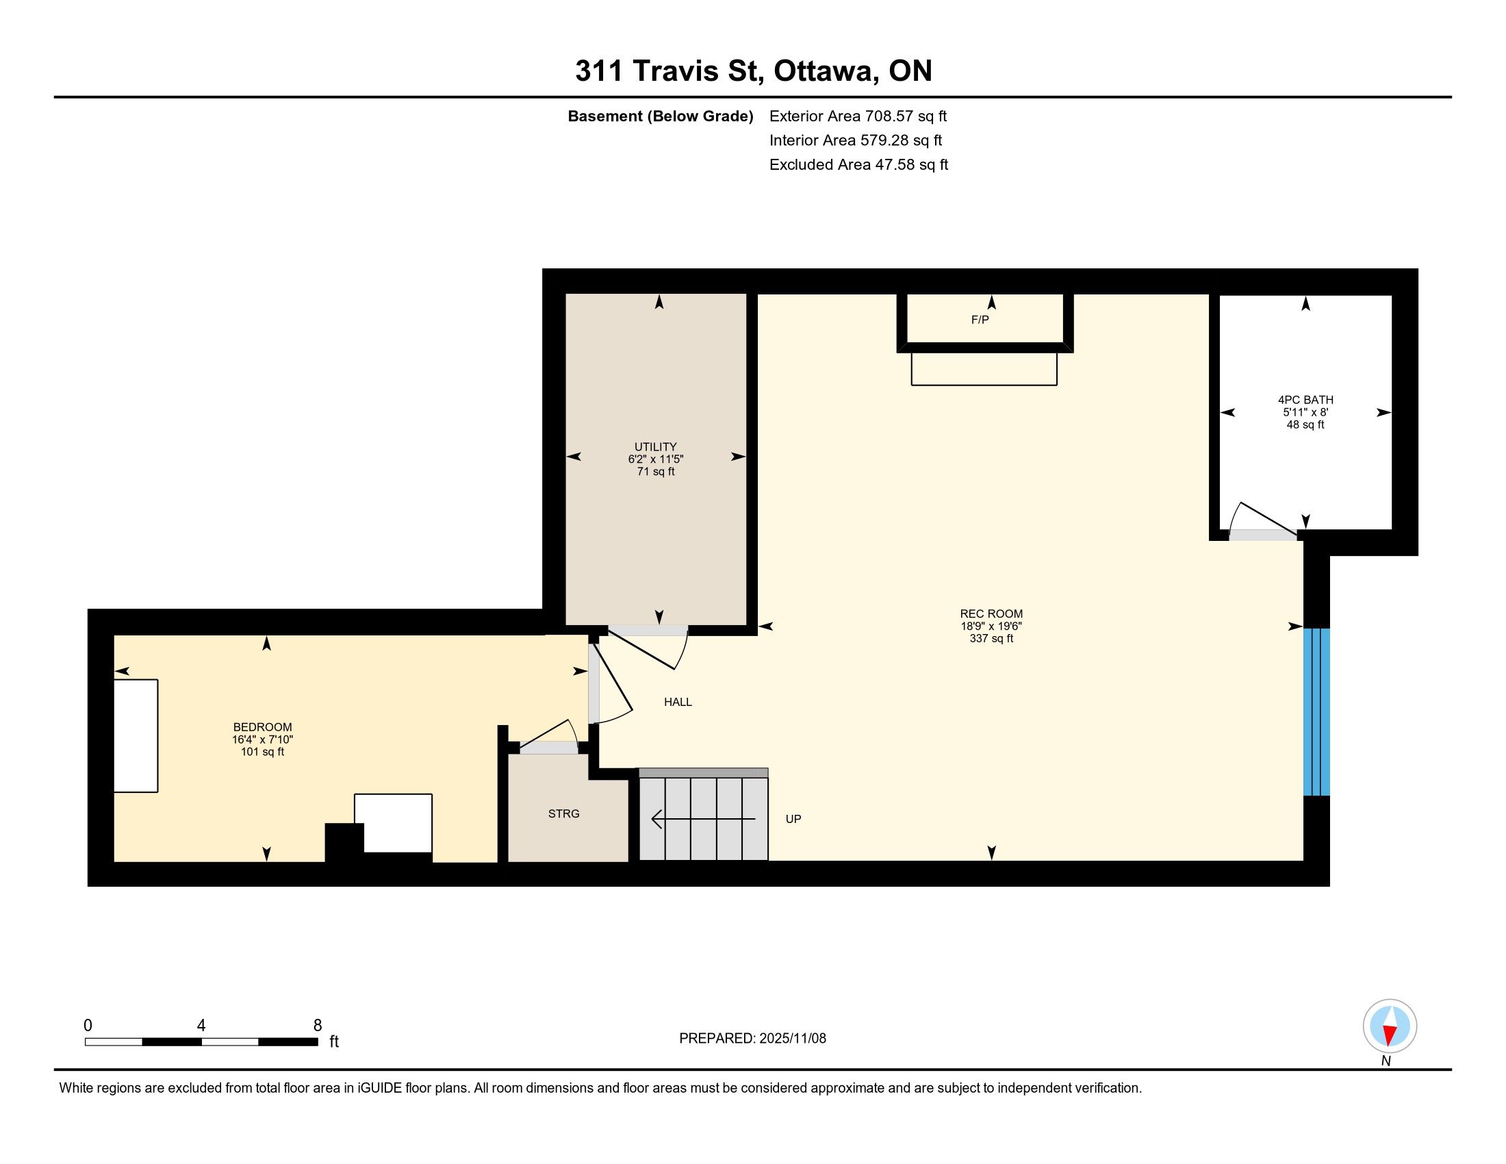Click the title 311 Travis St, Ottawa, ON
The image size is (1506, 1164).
coord(754,71)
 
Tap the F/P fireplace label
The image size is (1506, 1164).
coord(980,320)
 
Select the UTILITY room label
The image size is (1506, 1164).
coord(656,447)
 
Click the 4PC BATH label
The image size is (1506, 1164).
coord(1305,400)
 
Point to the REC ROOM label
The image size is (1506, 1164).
coord(992,613)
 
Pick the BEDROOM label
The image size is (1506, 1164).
coord(263,726)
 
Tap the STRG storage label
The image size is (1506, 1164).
coord(564,813)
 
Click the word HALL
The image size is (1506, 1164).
coord(678,702)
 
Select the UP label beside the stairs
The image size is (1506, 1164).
coord(793,819)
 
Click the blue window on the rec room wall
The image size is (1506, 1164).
coord(1316,711)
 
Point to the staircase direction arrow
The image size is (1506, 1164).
coord(703,819)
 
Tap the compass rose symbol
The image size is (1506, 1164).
coord(1390,1026)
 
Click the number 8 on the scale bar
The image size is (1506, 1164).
coord(318,1026)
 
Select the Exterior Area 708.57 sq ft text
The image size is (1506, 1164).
coord(858,116)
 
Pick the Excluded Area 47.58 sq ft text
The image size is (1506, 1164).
coord(859,165)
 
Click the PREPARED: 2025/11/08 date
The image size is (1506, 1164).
coord(752,1039)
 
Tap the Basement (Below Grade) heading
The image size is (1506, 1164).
coord(661,116)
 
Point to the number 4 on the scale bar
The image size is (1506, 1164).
coord(201,1026)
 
